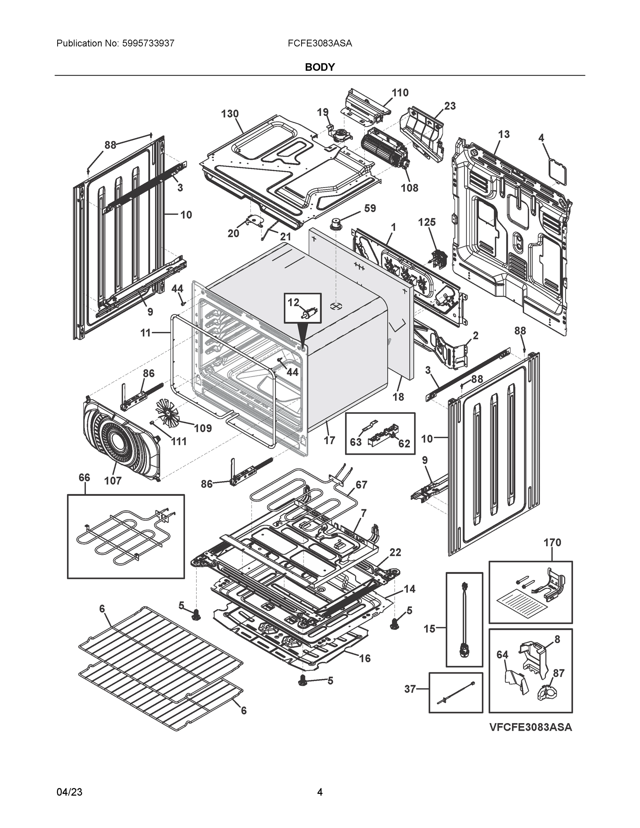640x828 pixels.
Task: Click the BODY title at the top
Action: [x=319, y=67]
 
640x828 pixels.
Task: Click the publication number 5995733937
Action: [x=148, y=43]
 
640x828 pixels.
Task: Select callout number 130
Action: [x=230, y=114]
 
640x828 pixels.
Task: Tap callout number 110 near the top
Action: [x=400, y=93]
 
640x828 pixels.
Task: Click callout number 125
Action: [x=426, y=222]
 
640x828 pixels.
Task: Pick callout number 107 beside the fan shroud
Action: [x=112, y=481]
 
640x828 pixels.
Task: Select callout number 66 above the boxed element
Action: [x=84, y=478]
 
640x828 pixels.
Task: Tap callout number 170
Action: [x=552, y=543]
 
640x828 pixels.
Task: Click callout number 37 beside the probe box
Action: [x=410, y=689]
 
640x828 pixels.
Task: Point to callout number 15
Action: [x=429, y=629]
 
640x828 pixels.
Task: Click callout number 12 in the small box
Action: [x=293, y=303]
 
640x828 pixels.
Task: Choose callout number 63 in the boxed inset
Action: [x=356, y=442]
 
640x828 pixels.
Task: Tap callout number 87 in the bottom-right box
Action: [x=559, y=673]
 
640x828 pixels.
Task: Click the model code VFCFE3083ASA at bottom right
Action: [x=530, y=727]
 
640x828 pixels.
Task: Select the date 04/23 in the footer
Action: [x=69, y=792]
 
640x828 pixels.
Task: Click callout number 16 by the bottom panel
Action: [x=365, y=659]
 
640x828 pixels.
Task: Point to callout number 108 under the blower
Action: [x=410, y=188]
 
